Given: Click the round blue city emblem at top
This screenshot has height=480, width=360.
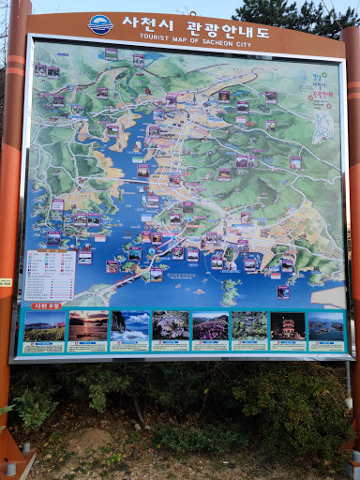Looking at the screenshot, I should point(100,25).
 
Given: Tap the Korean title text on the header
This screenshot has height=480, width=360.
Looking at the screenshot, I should point(196,22).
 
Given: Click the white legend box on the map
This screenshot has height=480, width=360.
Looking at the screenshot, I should point(49,274).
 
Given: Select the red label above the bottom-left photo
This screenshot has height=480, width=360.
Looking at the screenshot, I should point(47,306).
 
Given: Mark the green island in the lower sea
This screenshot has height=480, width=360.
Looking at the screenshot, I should point(231,291).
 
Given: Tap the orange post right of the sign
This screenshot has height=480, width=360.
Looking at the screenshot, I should point(352,234).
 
